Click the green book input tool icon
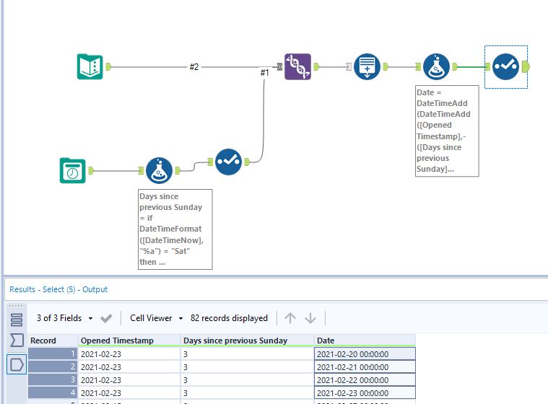(90, 67)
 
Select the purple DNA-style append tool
(297, 67)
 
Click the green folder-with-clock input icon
(72, 171)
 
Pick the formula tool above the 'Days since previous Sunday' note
(159, 171)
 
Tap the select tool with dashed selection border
(505, 67)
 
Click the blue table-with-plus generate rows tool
(367, 67)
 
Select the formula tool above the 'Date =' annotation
(436, 67)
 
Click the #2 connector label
(193, 67)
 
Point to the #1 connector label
(264, 72)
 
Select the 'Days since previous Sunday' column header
(235, 341)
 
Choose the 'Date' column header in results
(325, 341)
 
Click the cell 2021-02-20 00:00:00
(353, 354)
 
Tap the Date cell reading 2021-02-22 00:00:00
(353, 379)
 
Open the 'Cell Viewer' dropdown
(156, 318)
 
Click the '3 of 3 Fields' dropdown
(65, 318)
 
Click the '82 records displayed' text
(229, 318)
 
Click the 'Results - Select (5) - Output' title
(58, 289)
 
